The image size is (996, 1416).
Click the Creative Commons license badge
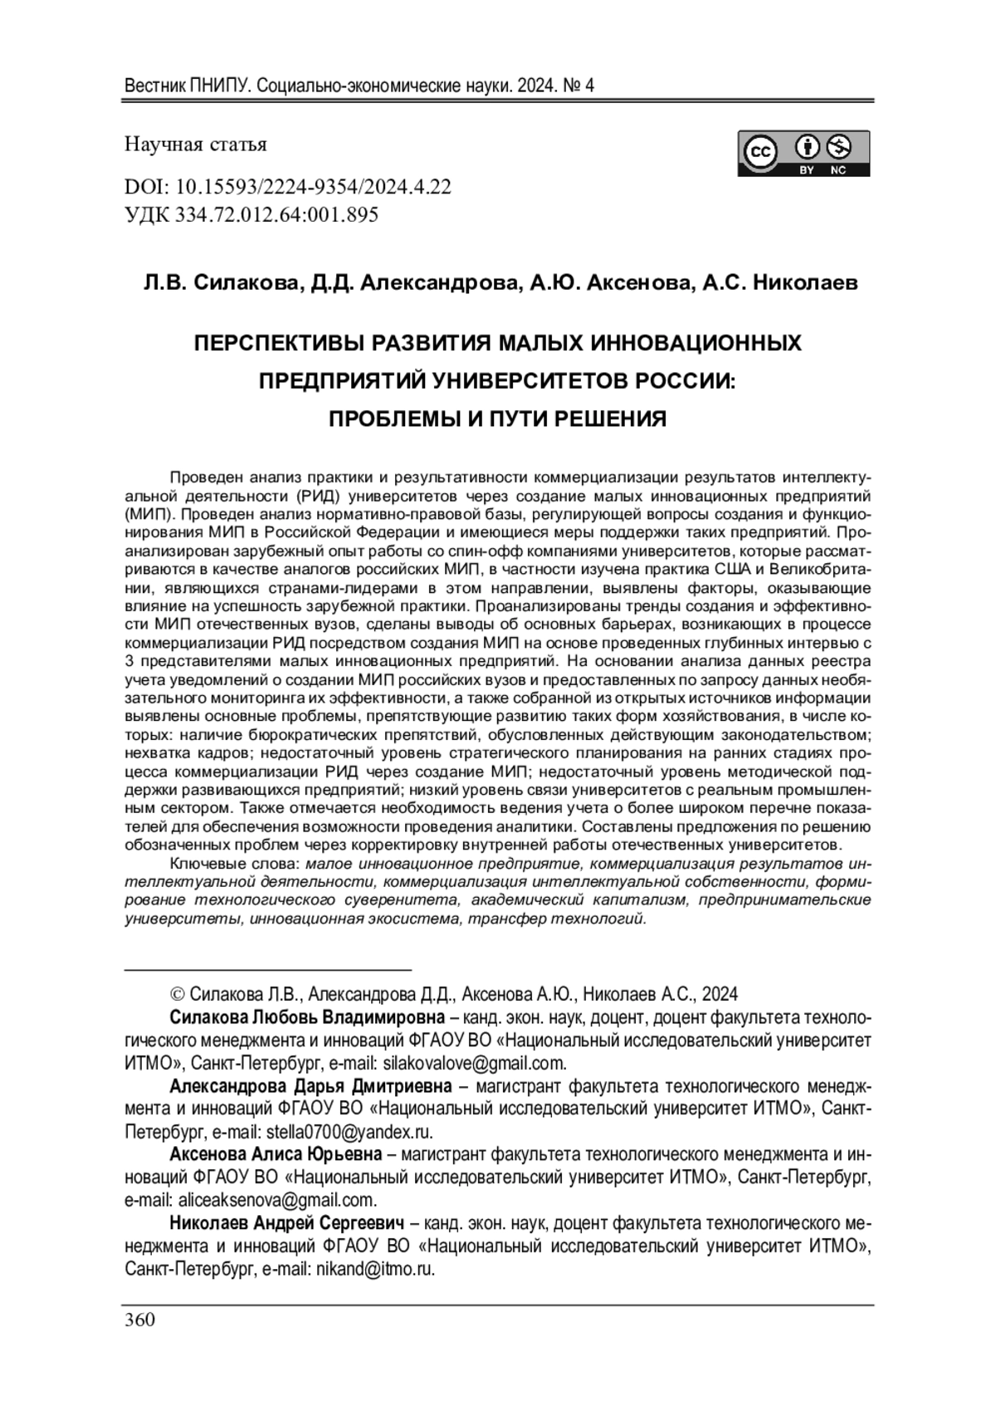(803, 154)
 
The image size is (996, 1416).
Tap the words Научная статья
(196, 145)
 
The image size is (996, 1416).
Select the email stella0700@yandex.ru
(349, 1131)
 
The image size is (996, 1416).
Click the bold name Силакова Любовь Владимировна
(307, 1017)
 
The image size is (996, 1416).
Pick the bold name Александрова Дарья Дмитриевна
(310, 1086)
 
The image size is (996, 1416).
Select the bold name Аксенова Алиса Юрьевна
(276, 1154)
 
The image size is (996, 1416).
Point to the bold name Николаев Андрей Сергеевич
(286, 1223)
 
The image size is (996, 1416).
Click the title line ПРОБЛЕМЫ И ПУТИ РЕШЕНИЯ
(498, 419)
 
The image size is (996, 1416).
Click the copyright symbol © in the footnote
(177, 994)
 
